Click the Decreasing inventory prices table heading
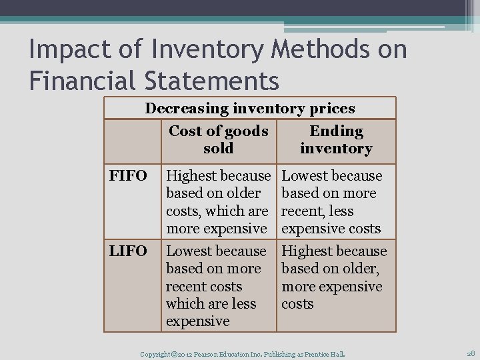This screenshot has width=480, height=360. [x=250, y=108]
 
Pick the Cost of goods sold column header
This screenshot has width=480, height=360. [x=219, y=140]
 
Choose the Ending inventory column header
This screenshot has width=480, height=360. [x=336, y=140]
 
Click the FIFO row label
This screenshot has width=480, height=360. [x=127, y=176]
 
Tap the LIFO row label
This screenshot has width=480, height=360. [x=127, y=251]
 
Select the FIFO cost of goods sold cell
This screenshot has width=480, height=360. [x=218, y=202]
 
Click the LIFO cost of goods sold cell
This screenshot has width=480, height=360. [x=217, y=286]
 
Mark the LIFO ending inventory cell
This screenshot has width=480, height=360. [x=334, y=277]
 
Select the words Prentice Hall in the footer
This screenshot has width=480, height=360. [x=327, y=352]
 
